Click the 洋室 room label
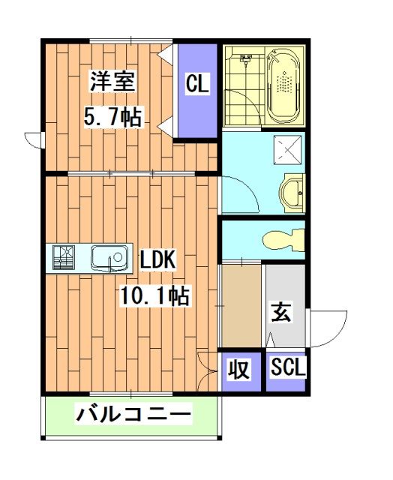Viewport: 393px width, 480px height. point(113,82)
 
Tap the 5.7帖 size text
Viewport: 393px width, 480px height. point(113,118)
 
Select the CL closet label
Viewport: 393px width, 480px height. point(197,84)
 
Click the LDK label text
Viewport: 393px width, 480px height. point(157,260)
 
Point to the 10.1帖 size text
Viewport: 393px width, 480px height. point(154,296)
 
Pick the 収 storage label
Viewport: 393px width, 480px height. point(238,369)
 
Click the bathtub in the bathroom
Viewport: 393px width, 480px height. point(283,86)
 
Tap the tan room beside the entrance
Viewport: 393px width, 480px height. point(240,307)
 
